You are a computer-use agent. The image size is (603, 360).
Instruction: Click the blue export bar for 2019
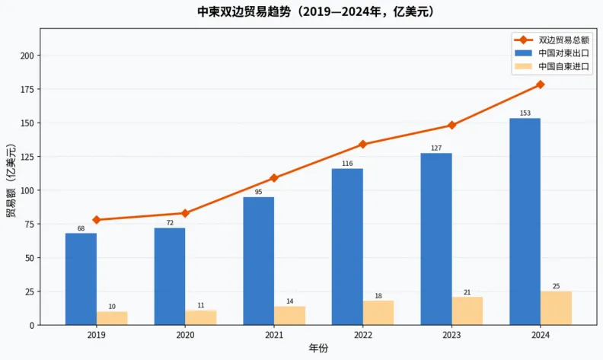pyautogui.click(x=81, y=279)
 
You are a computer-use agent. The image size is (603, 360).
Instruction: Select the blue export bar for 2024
pyautogui.click(x=525, y=221)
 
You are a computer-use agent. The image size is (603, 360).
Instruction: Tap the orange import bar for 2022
pyautogui.click(x=378, y=313)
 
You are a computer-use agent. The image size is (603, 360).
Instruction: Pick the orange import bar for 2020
pyautogui.click(x=201, y=317)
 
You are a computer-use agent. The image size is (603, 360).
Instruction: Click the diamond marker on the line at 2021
pyautogui.click(x=274, y=178)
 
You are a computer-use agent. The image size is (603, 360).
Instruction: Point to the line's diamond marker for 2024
pyautogui.click(x=541, y=84)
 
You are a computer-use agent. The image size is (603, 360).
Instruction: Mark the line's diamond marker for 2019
pyautogui.click(x=97, y=220)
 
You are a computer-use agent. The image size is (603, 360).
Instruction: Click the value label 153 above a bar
pyautogui.click(x=525, y=113)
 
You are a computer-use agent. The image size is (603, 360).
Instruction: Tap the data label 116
pyautogui.click(x=347, y=164)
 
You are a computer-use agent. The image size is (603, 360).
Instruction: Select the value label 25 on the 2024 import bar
pyautogui.click(x=556, y=286)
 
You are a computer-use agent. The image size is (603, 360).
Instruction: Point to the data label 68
pyautogui.click(x=81, y=228)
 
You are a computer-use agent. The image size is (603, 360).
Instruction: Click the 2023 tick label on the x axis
pyautogui.click(x=451, y=335)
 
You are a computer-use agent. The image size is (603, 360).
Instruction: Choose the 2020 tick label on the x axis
pyautogui.click(x=185, y=335)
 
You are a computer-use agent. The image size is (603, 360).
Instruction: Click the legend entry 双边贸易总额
pyautogui.click(x=563, y=40)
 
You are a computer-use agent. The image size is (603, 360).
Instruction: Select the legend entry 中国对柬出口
pyautogui.click(x=563, y=53)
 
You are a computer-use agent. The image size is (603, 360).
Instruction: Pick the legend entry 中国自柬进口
pyautogui.click(x=563, y=67)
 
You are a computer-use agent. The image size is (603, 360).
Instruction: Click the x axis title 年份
pyautogui.click(x=318, y=349)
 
